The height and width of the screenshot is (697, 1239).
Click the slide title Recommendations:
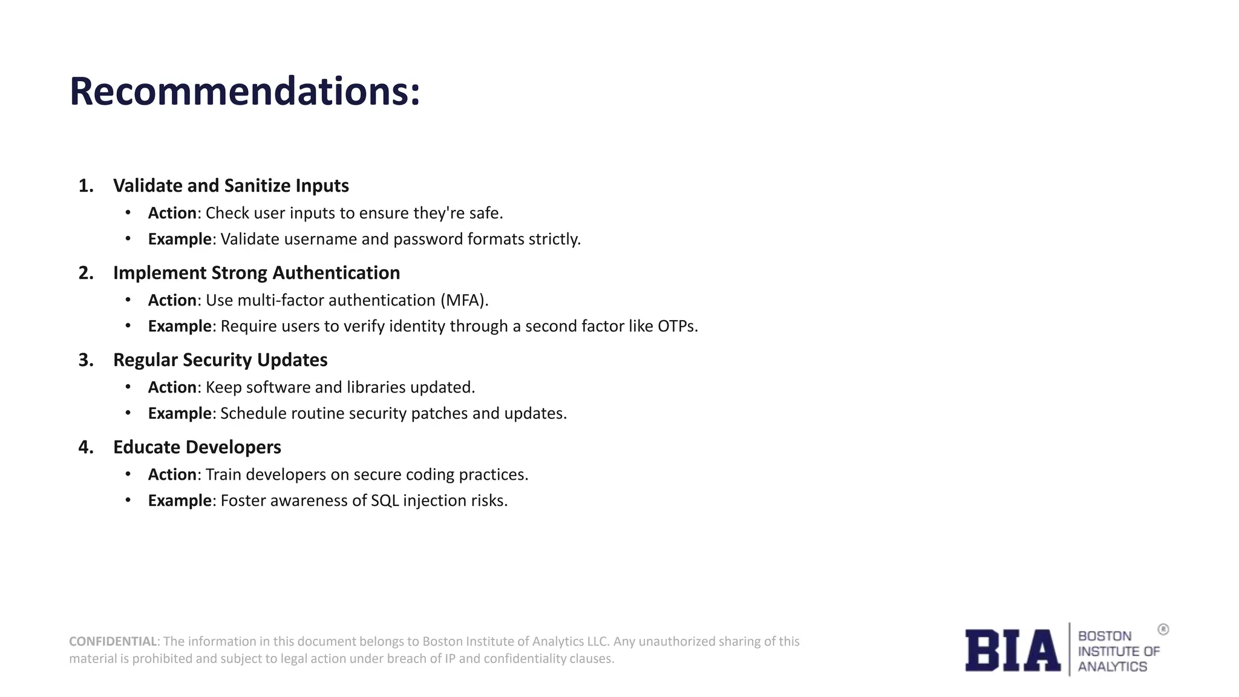pos(244,91)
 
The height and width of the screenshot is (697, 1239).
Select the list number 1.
pos(86,186)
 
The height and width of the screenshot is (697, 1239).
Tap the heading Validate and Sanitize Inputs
pos(230,186)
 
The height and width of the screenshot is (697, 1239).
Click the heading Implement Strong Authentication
pos(256,273)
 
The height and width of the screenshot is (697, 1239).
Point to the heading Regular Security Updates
pos(220,360)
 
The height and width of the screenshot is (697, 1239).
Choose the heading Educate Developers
pos(197,447)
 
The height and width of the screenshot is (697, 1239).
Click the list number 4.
pos(86,447)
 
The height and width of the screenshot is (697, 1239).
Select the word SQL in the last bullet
pos(384,500)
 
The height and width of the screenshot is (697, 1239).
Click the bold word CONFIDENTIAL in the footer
pos(113,641)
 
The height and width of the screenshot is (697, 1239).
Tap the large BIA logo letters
pos(1012,650)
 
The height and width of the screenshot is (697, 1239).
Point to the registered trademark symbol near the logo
pos(1163,630)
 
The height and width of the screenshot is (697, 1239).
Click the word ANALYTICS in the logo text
pos(1112,667)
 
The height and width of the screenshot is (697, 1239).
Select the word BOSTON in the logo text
pos(1104,636)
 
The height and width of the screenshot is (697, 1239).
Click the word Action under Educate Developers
pos(172,474)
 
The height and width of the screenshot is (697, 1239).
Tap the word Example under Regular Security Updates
pos(180,413)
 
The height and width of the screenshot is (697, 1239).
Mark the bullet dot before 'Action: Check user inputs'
pos(128,213)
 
